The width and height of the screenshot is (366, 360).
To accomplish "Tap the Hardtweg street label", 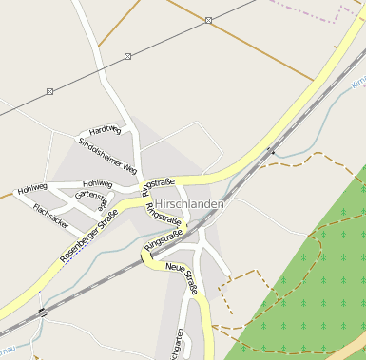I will tap(105, 130).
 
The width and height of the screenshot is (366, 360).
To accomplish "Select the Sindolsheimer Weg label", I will tap(107, 156).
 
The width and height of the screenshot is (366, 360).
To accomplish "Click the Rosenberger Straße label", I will tap(87, 236).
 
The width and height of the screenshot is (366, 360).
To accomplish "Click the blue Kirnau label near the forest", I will tap(357, 84).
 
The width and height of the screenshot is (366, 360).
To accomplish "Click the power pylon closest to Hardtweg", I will tap(127, 56).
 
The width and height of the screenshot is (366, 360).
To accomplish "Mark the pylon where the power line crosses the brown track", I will tap(208, 20).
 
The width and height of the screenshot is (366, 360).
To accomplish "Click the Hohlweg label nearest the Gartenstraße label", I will tap(97, 183).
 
